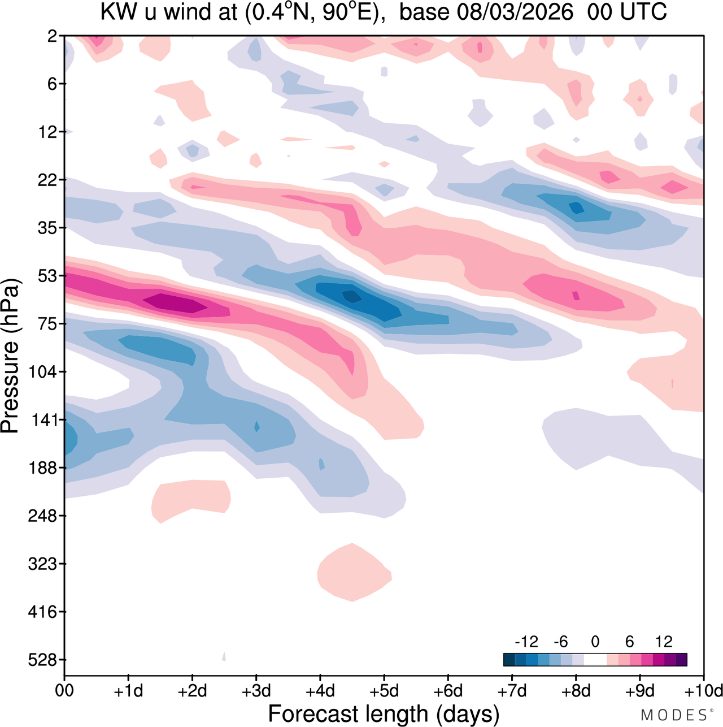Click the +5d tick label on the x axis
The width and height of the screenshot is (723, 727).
(x=384, y=691)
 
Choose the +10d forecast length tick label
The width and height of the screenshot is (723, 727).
(x=704, y=691)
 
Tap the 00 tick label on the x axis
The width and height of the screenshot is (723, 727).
(x=64, y=691)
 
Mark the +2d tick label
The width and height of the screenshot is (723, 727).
(x=192, y=691)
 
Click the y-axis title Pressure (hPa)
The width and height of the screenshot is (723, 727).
(x=10, y=356)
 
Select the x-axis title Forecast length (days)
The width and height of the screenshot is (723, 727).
(x=384, y=713)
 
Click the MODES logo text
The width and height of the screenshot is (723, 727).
(x=674, y=715)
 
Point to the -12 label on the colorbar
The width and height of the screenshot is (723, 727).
(x=526, y=642)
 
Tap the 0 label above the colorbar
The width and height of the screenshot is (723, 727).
(x=595, y=642)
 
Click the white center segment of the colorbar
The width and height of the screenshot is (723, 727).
(x=595, y=659)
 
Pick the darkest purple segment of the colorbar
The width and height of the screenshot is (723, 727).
(x=681, y=659)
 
